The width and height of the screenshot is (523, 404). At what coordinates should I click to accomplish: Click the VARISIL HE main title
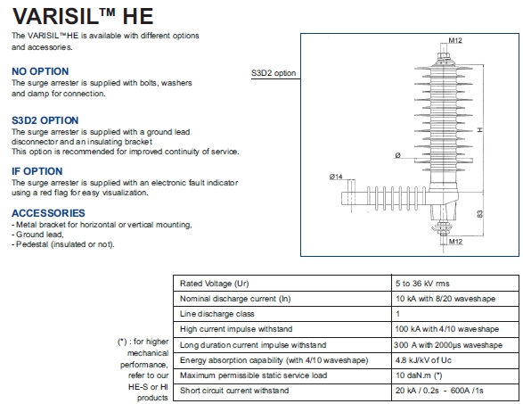click(83, 16)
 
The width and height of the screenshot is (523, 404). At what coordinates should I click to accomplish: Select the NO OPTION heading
click(40, 71)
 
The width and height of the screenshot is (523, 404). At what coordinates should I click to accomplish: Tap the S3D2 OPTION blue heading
click(45, 120)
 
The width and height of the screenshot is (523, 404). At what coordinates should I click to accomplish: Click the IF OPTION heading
click(37, 171)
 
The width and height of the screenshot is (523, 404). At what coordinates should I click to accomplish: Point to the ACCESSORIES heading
click(48, 213)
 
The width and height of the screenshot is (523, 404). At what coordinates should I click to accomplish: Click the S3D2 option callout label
click(274, 73)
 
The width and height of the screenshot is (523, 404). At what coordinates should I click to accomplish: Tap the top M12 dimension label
click(455, 40)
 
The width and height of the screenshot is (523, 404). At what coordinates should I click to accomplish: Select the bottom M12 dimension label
click(455, 242)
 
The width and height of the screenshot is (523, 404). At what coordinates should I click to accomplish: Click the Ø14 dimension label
click(336, 177)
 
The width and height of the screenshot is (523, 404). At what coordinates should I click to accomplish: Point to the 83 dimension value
click(479, 214)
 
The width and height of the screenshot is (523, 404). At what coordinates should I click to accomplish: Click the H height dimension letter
click(479, 129)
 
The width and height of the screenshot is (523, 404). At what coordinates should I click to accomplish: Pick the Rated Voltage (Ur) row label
click(215, 284)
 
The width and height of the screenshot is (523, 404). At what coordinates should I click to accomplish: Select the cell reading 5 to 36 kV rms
click(422, 284)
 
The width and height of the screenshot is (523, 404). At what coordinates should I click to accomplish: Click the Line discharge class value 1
click(397, 314)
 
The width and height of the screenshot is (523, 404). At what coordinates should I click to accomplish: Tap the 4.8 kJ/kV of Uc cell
click(423, 360)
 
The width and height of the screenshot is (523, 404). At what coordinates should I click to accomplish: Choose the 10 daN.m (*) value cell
click(419, 375)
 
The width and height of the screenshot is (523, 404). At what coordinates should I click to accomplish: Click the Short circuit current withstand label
click(234, 391)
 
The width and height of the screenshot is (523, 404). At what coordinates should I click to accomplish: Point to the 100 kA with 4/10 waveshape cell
click(447, 329)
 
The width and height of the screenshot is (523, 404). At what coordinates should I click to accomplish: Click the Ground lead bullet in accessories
click(37, 235)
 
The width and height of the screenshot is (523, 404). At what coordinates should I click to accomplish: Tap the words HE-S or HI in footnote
click(148, 387)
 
